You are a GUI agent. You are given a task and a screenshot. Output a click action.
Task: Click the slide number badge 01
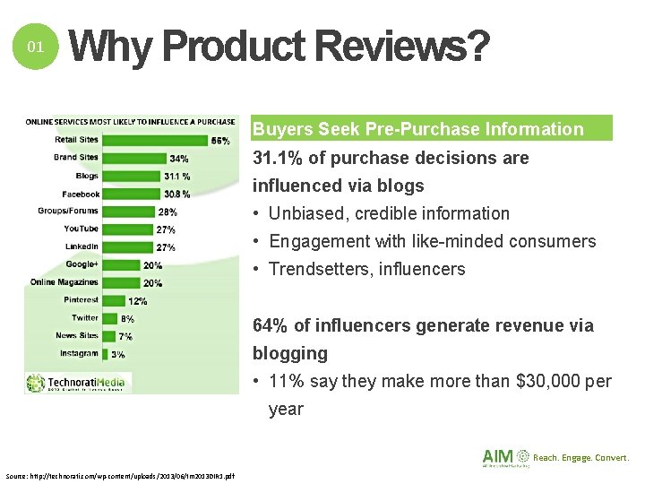click(36, 47)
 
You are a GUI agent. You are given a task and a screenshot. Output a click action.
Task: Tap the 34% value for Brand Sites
click(178, 159)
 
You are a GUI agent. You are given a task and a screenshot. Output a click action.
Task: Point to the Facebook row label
click(81, 194)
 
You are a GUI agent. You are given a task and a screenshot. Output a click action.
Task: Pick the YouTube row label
click(82, 229)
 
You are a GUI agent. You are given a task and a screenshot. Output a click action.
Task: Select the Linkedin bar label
click(82, 246)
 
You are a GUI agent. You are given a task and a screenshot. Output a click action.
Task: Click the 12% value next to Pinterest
click(138, 301)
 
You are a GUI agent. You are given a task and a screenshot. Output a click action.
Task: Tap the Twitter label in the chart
click(85, 317)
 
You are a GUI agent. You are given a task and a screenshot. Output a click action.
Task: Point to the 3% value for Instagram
click(117, 354)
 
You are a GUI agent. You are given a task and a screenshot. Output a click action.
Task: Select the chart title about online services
click(130, 122)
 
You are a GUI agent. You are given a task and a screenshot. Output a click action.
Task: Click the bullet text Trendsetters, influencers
click(367, 269)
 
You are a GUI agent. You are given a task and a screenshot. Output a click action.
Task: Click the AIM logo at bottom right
click(505, 458)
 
